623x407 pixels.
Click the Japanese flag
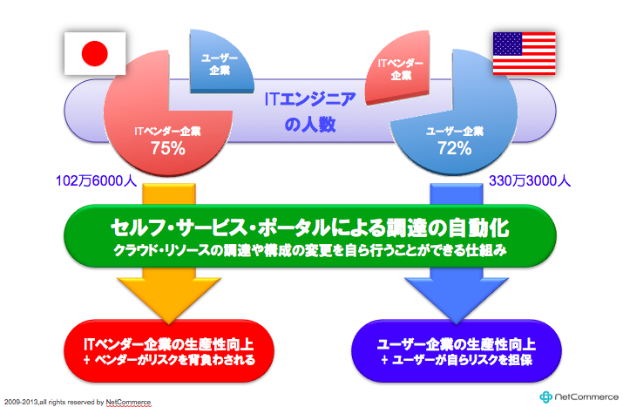coord(95,53)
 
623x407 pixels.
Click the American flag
coord(524,53)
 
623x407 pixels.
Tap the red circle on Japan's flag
coord(95,54)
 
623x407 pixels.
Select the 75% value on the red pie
coord(167,149)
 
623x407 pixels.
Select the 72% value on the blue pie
coord(455,149)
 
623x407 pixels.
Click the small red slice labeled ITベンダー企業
coord(398,68)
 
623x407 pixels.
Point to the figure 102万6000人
coord(96,181)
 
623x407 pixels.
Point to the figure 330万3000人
coord(530,181)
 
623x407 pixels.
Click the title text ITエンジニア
coord(310,99)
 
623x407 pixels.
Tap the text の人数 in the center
coord(310,125)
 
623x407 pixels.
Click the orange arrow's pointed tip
coord(169,323)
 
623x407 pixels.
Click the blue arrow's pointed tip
coord(456,323)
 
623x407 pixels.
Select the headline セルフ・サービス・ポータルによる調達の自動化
coord(310,227)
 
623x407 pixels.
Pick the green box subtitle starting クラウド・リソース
coord(310,250)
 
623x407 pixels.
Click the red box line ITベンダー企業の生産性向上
coord(169,344)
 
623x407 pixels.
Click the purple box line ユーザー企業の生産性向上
coord(456,344)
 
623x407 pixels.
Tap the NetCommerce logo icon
coord(545,397)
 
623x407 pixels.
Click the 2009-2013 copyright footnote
coord(78,403)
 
